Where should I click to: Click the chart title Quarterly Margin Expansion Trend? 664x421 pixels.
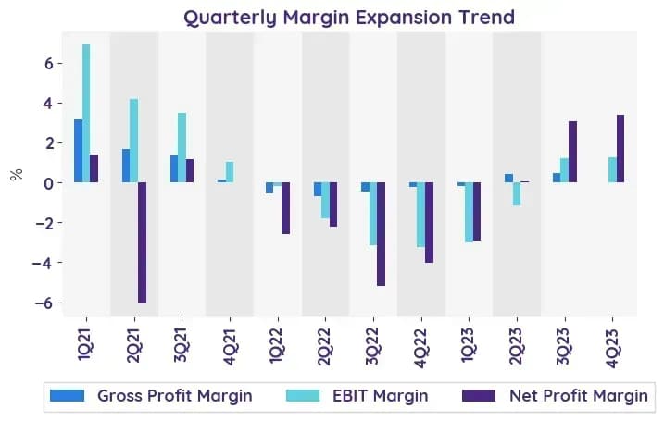coord(349,18)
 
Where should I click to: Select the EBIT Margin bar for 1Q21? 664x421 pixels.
coord(86,114)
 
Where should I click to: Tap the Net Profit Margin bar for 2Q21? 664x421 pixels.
coord(143,242)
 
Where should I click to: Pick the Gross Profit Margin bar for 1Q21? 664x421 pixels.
coord(79,151)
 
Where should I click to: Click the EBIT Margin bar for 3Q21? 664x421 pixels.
coord(182,148)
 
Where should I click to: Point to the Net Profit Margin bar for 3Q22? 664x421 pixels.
coord(382,234)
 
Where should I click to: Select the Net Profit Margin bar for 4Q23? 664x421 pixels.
coord(620,149)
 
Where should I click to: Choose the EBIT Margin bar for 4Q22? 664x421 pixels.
coord(421,215)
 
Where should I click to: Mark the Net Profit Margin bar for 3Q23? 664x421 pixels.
coord(572,152)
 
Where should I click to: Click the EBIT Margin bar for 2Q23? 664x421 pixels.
coord(517,193)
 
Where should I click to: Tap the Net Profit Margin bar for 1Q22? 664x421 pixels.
coord(286,208)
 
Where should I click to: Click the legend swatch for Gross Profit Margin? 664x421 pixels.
coord(67,396)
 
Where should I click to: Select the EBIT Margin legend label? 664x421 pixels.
coord(381,396)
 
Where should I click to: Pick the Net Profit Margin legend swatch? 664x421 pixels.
coord(479,396)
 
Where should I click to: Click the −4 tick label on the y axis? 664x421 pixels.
coord(44,263)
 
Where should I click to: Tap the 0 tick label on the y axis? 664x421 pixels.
coord(50,183)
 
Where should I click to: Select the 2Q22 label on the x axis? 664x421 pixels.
coord(325,347)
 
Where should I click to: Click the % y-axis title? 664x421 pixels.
coord(16,174)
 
